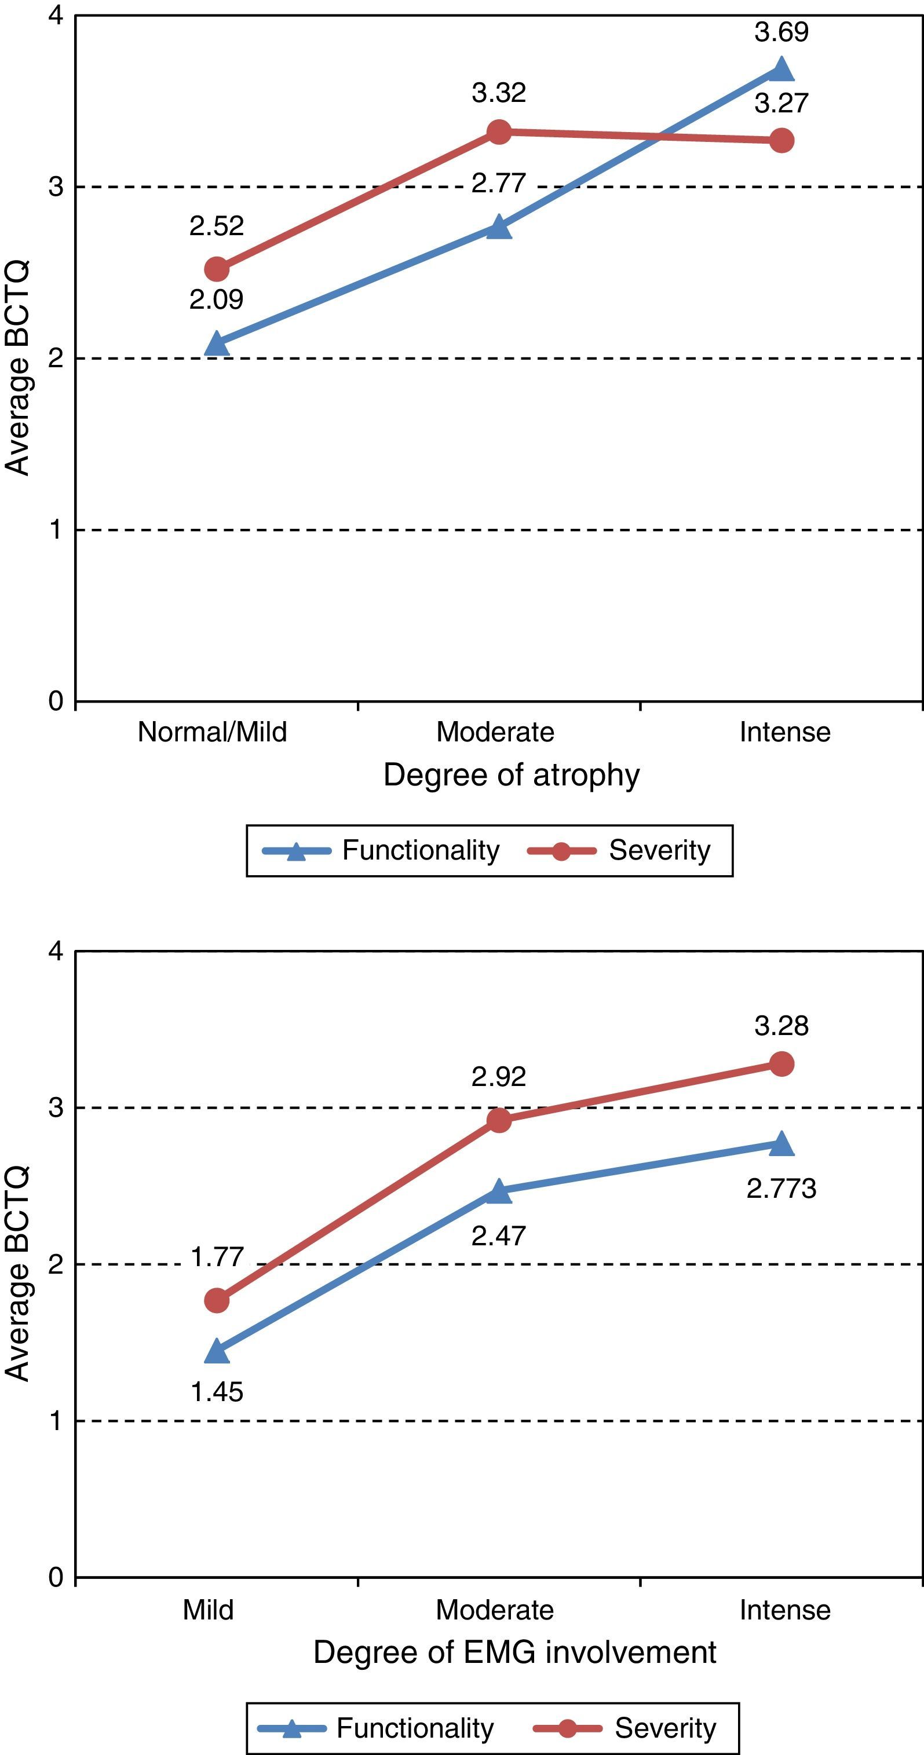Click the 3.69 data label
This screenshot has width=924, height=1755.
click(x=781, y=32)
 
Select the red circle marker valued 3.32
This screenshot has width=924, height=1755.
click(x=499, y=131)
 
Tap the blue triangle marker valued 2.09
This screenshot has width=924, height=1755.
click(x=217, y=345)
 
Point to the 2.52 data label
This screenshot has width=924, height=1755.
click(x=217, y=225)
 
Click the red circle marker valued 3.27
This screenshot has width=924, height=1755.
click(x=781, y=140)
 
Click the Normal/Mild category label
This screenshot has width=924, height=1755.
click(x=212, y=732)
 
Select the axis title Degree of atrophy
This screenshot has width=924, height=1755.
click(x=511, y=776)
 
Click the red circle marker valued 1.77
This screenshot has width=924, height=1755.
click(x=217, y=1300)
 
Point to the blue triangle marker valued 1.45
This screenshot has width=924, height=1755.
click(x=217, y=1351)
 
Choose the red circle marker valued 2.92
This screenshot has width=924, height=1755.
click(x=499, y=1120)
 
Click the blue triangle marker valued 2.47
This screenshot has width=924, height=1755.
click(x=499, y=1191)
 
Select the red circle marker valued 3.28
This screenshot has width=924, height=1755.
click(x=781, y=1063)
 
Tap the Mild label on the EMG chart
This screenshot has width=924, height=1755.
click(x=208, y=1610)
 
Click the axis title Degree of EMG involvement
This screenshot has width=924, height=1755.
click(x=514, y=1652)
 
